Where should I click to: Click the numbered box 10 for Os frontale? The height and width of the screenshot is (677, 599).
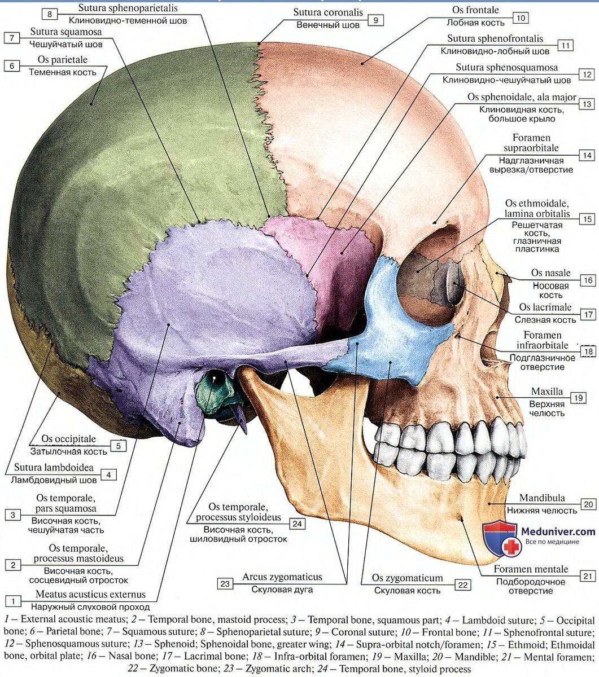point(521,18)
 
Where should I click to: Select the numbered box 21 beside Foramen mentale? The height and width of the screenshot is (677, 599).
point(588,576)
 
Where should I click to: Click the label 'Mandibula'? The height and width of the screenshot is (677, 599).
point(542,499)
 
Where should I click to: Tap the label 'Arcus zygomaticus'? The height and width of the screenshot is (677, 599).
point(282,577)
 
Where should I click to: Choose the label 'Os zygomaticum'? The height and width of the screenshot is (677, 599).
point(407,578)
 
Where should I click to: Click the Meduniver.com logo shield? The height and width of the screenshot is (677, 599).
point(500,537)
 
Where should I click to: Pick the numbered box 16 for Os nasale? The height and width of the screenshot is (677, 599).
point(588,280)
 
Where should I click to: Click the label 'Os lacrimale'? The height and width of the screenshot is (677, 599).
point(546,307)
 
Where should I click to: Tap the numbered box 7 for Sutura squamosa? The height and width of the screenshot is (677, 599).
point(12,38)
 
